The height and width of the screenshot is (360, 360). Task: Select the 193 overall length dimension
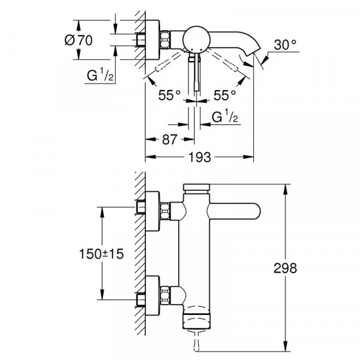point(200,157)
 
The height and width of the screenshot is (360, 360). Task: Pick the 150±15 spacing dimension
point(101,254)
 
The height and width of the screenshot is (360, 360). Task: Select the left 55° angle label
point(169,95)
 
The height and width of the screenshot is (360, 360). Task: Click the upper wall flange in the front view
point(153,211)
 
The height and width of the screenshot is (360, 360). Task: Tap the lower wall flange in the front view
point(153,295)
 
